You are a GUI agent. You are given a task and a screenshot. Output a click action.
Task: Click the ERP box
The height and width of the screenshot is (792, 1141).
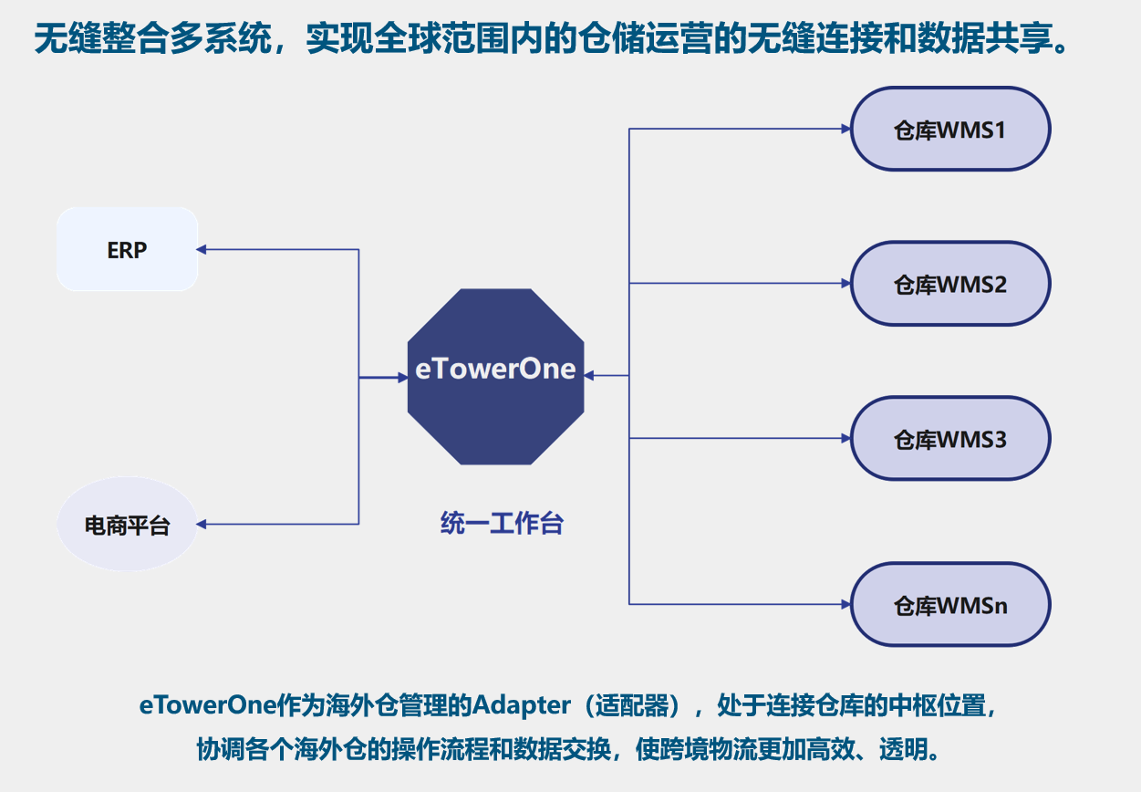tap(127, 249)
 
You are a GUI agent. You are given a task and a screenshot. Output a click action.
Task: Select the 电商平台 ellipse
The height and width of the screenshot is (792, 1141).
tap(127, 525)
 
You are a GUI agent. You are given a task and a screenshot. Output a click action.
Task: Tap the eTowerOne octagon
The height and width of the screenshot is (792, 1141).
tap(495, 375)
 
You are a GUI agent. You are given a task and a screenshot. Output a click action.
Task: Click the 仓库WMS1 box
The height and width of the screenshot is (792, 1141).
tap(950, 129)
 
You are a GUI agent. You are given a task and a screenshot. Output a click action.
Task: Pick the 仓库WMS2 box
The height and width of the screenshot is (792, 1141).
tap(950, 284)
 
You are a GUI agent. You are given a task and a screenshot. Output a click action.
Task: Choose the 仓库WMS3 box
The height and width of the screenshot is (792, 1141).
tap(950, 439)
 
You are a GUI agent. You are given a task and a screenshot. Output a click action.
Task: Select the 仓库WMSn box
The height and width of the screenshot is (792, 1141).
tap(950, 604)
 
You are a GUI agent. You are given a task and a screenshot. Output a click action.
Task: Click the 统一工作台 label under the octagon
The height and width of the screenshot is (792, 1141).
tap(502, 524)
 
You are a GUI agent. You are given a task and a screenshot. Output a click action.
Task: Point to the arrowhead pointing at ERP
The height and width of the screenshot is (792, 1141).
tap(202, 249)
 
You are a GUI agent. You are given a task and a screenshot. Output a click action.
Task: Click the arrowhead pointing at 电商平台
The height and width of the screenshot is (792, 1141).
tap(202, 525)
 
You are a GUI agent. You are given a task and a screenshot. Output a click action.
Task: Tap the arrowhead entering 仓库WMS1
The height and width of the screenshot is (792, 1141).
tap(845, 129)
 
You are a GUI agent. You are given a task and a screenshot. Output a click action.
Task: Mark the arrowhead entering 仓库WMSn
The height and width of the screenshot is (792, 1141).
tap(845, 604)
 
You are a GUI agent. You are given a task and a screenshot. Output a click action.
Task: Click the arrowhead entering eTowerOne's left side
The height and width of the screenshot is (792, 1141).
tap(401, 377)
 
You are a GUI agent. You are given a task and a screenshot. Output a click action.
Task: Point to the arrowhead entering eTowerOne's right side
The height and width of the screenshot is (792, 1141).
tap(589, 375)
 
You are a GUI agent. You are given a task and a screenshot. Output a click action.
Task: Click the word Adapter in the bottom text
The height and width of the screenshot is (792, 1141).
tap(517, 705)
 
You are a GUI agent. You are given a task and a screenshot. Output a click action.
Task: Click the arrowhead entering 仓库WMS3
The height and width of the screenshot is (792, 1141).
tap(845, 439)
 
